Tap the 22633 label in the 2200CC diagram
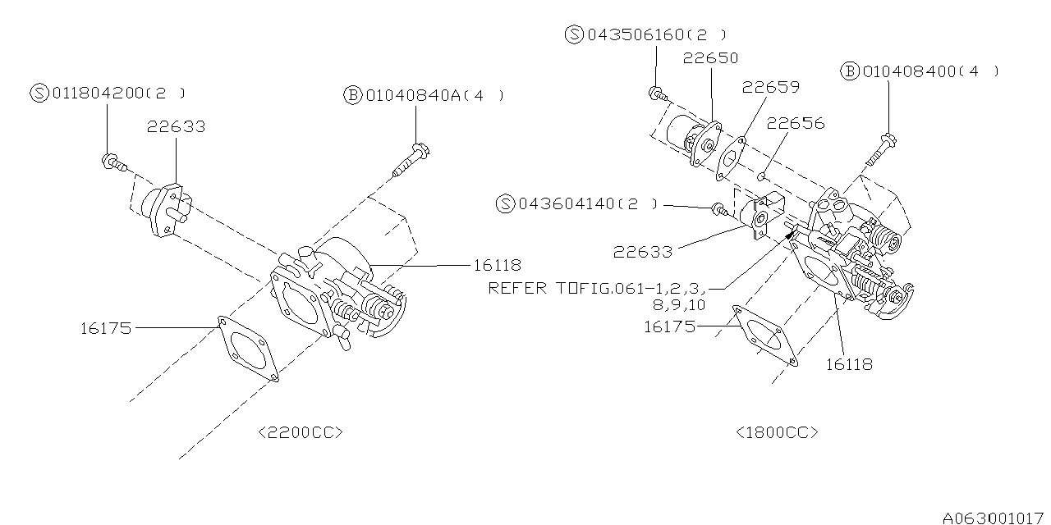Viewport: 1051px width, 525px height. tap(177, 127)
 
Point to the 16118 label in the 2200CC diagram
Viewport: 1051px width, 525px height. tap(497, 265)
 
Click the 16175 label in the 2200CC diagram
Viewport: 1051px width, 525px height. tap(105, 329)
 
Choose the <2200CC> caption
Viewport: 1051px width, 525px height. tap(300, 432)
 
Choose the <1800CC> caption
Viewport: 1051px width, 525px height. tap(777, 432)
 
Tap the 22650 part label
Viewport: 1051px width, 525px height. tap(710, 58)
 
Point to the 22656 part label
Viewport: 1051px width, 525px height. tap(796, 123)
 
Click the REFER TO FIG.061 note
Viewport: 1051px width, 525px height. tap(594, 288)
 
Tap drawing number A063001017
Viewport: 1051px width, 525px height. tap(994, 518)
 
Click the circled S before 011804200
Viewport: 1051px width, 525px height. tap(40, 93)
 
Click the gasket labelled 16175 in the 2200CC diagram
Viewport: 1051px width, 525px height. tap(247, 349)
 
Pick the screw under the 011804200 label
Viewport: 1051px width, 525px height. tap(113, 162)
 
